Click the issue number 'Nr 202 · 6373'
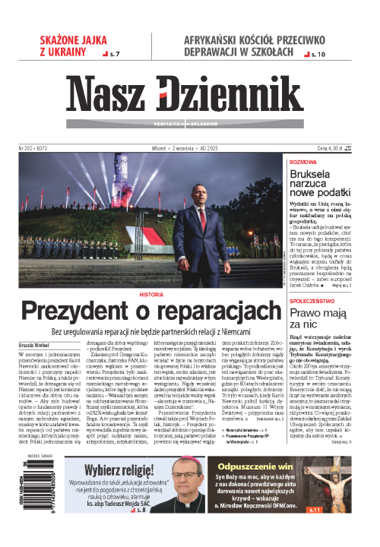pyautogui.click(x=35, y=149)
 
